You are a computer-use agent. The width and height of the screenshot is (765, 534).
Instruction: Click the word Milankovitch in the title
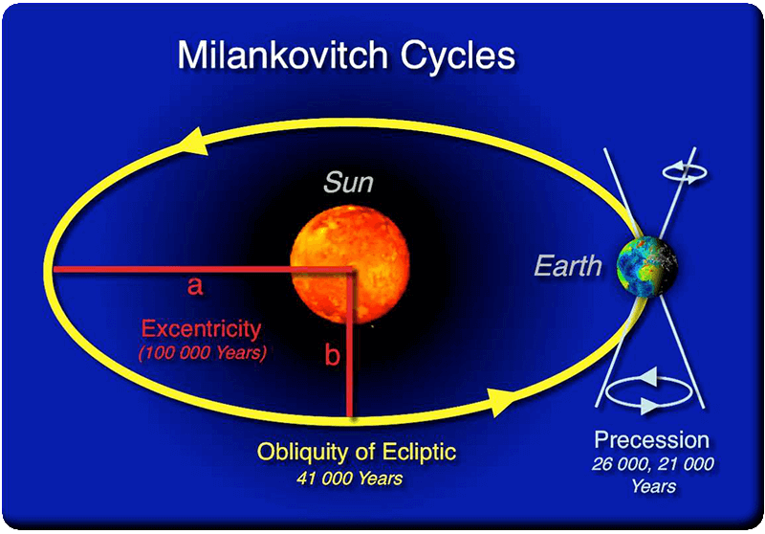point(282,55)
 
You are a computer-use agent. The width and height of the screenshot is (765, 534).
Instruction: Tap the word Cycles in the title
point(458,56)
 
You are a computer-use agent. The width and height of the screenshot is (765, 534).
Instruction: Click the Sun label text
point(348,182)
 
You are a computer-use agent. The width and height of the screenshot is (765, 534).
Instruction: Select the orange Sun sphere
point(350,264)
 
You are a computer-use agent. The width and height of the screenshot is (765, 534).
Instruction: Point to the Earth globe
point(647,266)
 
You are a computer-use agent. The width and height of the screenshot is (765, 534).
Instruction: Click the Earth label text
point(568,266)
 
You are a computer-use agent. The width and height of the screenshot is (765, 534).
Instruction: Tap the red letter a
point(195,285)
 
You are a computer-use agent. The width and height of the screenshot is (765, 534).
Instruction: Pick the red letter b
point(332,355)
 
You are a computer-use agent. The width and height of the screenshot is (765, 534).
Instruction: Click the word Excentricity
point(201,329)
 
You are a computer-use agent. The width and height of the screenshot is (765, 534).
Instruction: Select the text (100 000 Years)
point(203,352)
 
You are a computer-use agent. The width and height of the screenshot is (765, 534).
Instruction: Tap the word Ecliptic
point(419,452)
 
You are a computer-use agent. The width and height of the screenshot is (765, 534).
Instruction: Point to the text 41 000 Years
point(349,478)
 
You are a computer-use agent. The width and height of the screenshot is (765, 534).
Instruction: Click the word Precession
point(651,440)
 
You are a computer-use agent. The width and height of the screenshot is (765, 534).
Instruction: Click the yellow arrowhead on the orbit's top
point(194,141)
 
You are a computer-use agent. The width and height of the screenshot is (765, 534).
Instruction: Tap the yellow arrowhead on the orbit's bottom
point(500,403)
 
